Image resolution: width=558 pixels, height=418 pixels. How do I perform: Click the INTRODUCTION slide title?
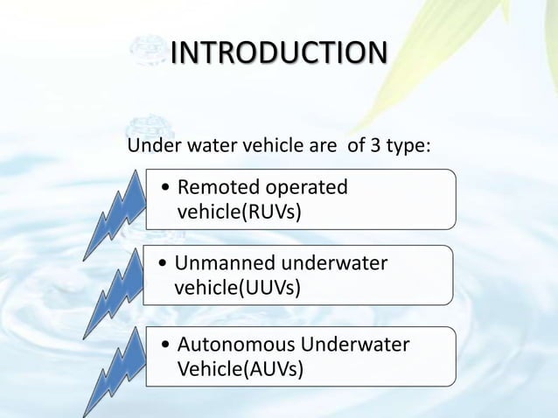coord(277,52)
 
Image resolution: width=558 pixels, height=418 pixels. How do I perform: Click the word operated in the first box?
coord(306,187)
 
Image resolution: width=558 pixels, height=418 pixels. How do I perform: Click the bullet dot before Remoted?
coord(166,188)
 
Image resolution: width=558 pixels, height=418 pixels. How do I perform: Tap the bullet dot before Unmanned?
coord(164,264)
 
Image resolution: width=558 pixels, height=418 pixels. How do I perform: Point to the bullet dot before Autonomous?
coord(166,345)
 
